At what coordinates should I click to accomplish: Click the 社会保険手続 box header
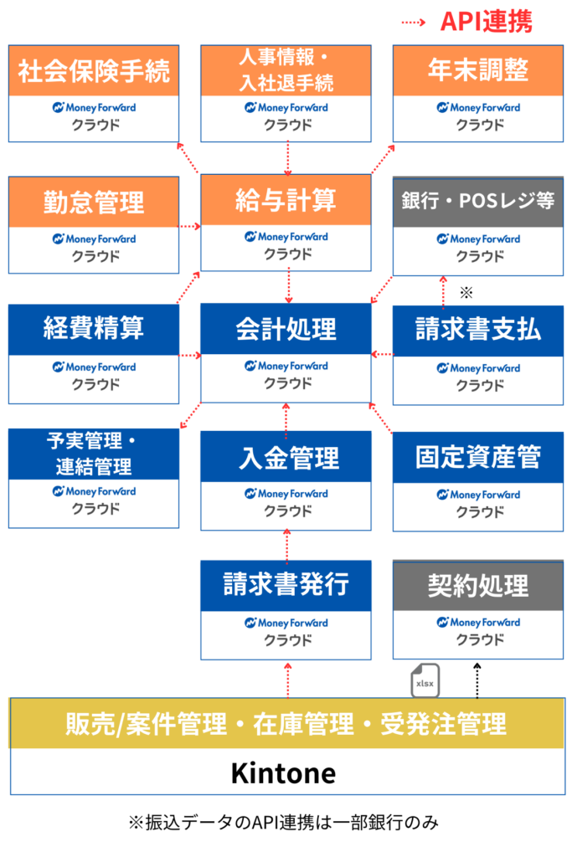[x=94, y=71]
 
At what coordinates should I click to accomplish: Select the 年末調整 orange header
[x=478, y=71]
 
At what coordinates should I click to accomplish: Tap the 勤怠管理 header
[x=94, y=202]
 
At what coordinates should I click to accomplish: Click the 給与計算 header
[x=286, y=200]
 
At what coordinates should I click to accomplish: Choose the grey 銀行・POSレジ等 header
[x=478, y=202]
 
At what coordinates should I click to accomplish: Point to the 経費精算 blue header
[x=94, y=329]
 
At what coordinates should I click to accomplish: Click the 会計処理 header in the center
[x=286, y=329]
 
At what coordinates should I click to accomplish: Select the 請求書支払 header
[x=478, y=330]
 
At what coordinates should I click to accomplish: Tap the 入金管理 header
[x=286, y=458]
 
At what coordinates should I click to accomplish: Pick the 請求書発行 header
[x=286, y=584]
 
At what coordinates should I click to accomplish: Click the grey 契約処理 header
[x=478, y=585]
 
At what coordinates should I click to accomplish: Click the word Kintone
[x=283, y=772]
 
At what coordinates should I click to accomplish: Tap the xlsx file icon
[x=425, y=681]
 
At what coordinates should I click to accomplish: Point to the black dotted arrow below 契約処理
[x=477, y=679]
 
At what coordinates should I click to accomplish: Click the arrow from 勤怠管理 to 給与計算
[x=190, y=226]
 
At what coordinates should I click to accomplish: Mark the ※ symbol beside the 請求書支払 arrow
[x=466, y=293]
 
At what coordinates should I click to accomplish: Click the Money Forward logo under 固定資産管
[x=478, y=495]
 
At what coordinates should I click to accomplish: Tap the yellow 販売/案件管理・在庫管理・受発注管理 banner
[x=286, y=723]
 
